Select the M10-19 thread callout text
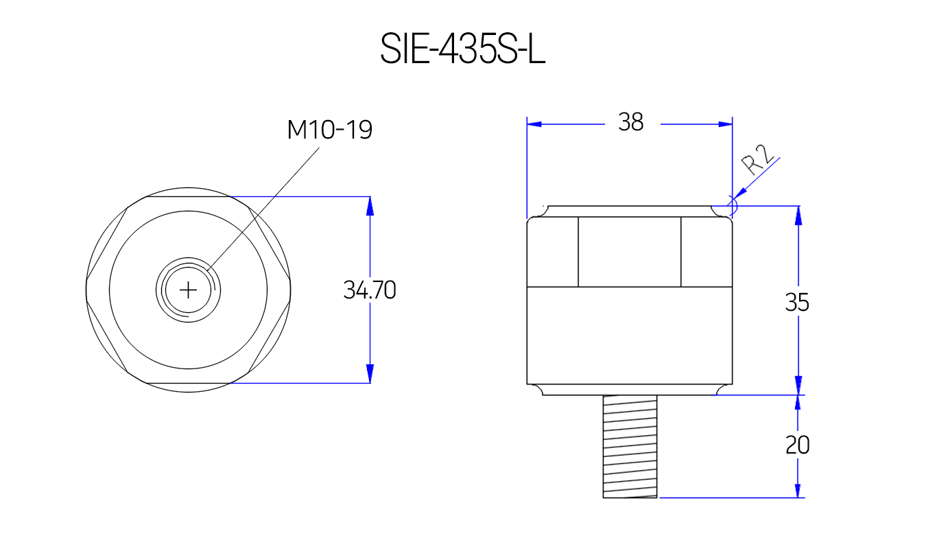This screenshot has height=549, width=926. pyautogui.click(x=329, y=129)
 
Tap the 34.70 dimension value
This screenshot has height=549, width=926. pyautogui.click(x=370, y=290)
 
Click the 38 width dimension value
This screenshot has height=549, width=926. pyautogui.click(x=630, y=122)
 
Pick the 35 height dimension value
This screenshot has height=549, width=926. pyautogui.click(x=797, y=302)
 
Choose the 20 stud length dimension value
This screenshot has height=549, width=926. pyautogui.click(x=797, y=445)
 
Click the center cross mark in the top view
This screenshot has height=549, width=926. pyautogui.click(x=188, y=290)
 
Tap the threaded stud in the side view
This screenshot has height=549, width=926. pyautogui.click(x=630, y=446)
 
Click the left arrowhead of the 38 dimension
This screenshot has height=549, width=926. pyautogui.click(x=534, y=124)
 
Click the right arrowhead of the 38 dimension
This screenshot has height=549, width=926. pyautogui.click(x=725, y=124)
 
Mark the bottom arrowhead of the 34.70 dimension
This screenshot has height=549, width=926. pyautogui.click(x=370, y=374)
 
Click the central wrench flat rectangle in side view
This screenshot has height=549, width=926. pyautogui.click(x=630, y=251)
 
